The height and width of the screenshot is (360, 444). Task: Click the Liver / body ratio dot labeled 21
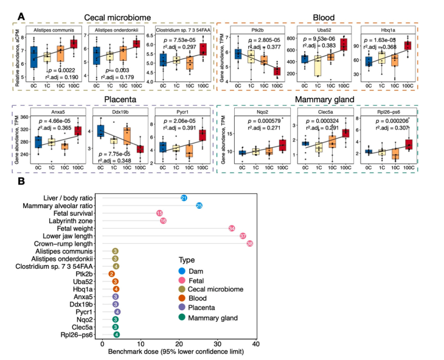pos(184,199)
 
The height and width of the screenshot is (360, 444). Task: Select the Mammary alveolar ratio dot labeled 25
pos(199,206)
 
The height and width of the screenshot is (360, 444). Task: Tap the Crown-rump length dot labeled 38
pos(249,243)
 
